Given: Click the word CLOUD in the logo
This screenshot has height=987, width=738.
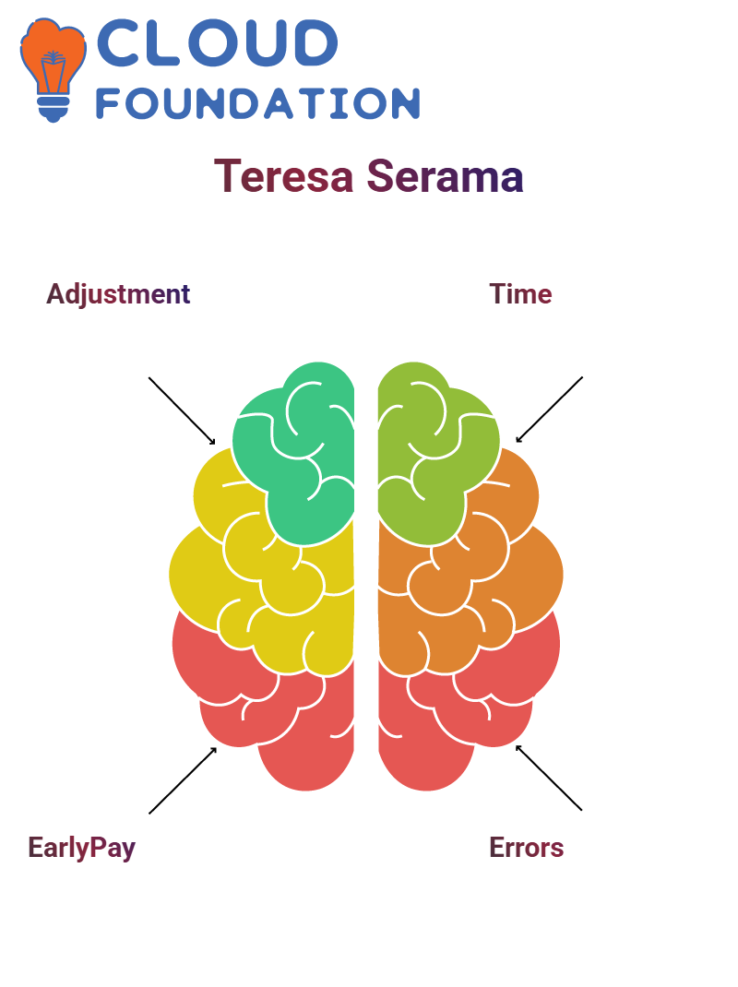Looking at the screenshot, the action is [217, 42].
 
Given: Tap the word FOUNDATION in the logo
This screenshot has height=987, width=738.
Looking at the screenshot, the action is [257, 103].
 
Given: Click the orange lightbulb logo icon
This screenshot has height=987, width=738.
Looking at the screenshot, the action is [53, 69].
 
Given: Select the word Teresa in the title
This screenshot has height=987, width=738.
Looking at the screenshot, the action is [284, 176].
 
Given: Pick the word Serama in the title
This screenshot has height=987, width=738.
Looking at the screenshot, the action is [445, 176].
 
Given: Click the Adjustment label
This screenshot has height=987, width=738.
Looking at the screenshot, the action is [118, 294].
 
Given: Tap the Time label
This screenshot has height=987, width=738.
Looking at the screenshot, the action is [521, 294].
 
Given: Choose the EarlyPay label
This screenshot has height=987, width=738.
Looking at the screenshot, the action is [82, 848].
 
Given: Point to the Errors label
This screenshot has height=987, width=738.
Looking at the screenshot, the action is [527, 848].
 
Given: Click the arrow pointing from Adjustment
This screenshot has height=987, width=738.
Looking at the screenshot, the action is [182, 411].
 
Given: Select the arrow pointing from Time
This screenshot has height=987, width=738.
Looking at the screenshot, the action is [549, 410].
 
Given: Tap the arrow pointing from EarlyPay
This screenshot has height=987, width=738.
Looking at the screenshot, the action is [183, 780].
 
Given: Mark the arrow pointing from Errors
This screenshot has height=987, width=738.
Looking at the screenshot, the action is [549, 778].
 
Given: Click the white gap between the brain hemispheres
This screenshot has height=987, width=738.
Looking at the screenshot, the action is [366, 566].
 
